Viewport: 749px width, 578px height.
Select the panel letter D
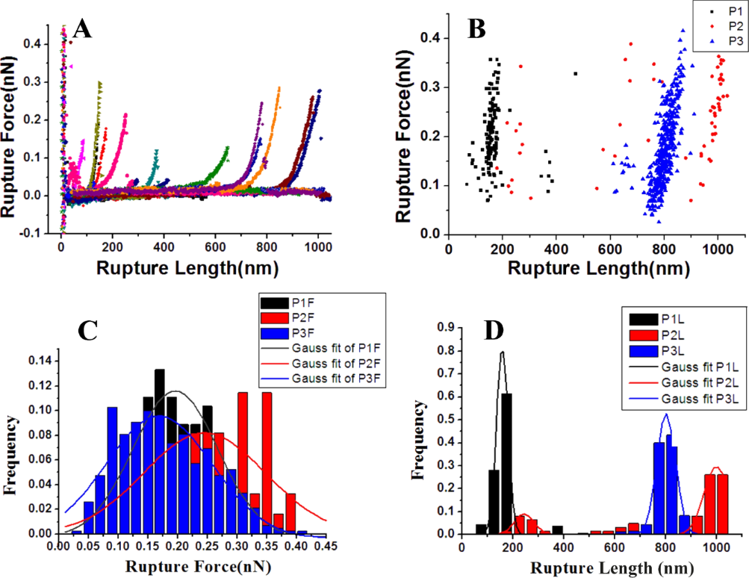point(494,331)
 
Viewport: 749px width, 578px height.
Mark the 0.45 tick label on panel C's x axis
point(326,547)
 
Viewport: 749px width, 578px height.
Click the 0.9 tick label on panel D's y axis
point(446,327)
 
